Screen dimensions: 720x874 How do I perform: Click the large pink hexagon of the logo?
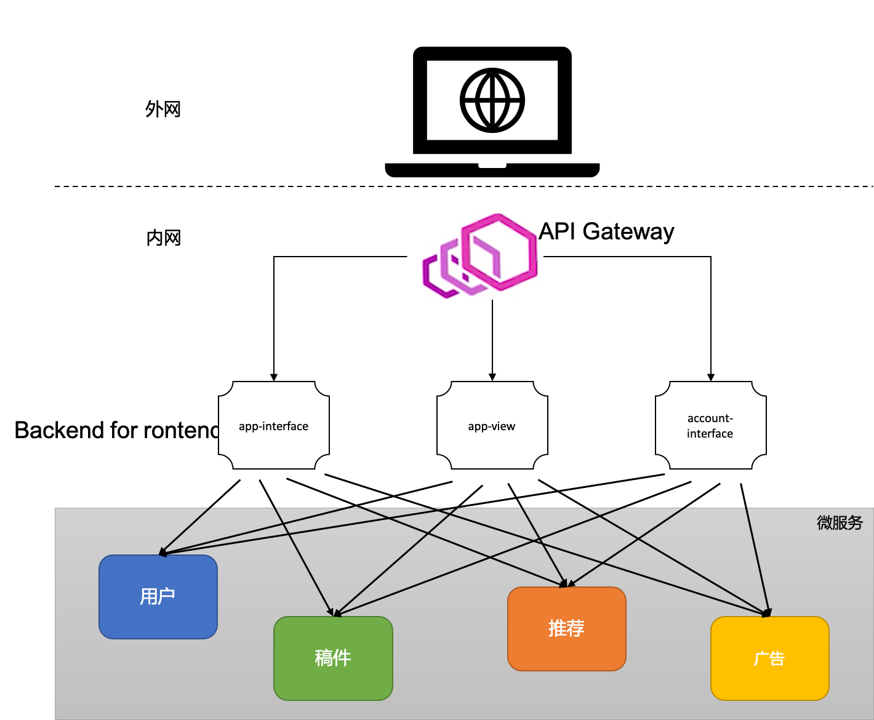click(500, 251)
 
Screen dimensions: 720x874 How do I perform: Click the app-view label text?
click(491, 426)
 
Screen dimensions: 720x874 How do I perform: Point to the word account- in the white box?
click(710, 418)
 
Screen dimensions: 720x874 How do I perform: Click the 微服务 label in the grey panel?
click(840, 522)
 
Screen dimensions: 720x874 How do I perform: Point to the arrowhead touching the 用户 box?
click(163, 552)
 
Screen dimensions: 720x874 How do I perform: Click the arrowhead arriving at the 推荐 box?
click(565, 583)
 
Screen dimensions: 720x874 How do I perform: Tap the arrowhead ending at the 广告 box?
click(767, 613)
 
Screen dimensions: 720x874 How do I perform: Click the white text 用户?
click(158, 596)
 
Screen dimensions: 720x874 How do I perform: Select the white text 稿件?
click(333, 658)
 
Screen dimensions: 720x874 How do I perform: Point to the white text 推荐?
click(566, 628)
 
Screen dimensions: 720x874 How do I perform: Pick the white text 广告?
click(769, 658)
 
